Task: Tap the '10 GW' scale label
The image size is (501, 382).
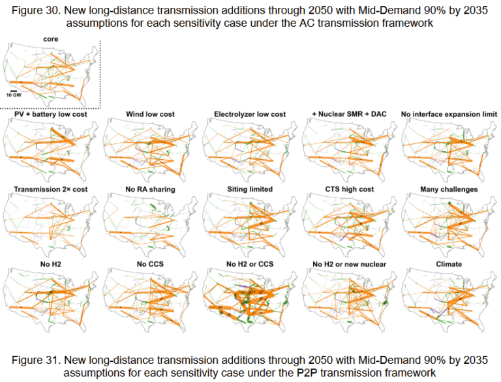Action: [14, 95]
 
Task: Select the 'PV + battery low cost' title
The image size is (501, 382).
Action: [50, 115]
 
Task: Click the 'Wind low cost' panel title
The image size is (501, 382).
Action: [150, 115]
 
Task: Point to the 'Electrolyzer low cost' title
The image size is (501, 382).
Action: [250, 115]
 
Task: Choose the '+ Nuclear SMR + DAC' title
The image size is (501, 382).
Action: [349, 115]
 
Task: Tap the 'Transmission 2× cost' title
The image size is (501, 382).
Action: [50, 190]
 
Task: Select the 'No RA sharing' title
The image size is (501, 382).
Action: [150, 190]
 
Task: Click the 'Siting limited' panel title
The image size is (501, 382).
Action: [250, 190]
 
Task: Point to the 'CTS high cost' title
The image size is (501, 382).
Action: [349, 190]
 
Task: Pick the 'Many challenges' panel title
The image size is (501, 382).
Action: [449, 190]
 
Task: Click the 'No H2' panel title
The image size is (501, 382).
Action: [50, 264]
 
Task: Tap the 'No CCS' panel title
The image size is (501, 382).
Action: [150, 264]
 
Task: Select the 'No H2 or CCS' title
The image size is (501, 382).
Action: [250, 264]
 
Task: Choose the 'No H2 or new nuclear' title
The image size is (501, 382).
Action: [349, 264]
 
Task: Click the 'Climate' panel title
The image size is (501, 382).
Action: [449, 264]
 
